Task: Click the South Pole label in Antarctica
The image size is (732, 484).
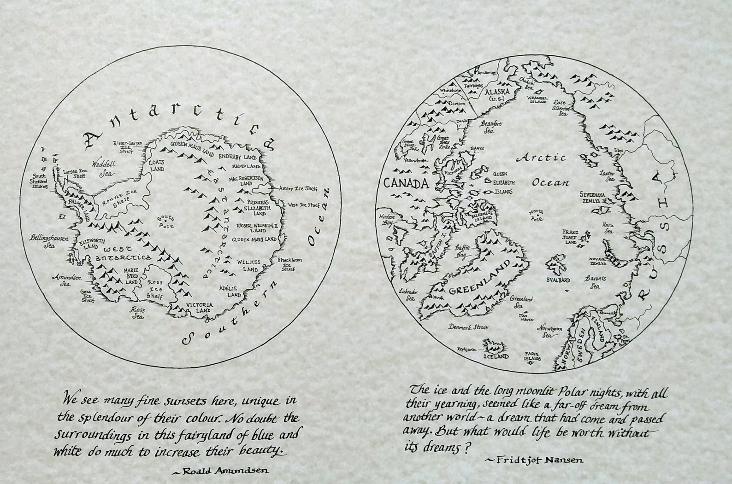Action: click(164, 222)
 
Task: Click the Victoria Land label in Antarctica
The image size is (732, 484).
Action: click(200, 308)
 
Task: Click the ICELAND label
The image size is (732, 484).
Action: click(496, 356)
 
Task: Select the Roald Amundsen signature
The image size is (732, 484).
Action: click(219, 471)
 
